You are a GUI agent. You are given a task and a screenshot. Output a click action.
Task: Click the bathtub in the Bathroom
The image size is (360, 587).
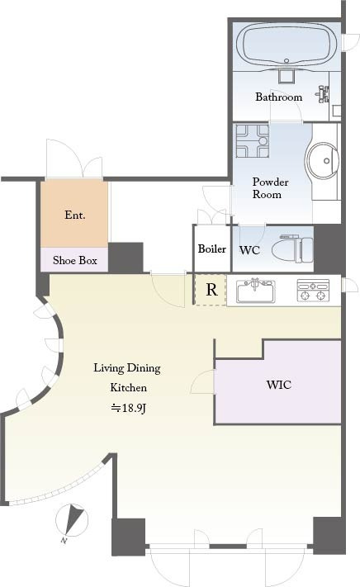pos(287,45)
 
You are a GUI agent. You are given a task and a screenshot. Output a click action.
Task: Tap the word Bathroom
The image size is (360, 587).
pos(279,97)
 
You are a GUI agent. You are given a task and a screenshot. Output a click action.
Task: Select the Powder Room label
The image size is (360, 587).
pos(270,188)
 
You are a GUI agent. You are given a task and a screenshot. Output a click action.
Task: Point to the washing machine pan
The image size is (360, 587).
pos(252,141)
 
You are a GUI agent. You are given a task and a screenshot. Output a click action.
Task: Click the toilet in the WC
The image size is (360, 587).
pos(292,249)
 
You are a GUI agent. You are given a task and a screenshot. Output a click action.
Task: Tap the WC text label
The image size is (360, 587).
pos(249,249)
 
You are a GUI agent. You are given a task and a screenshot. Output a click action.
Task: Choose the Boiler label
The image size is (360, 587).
pos(212,249)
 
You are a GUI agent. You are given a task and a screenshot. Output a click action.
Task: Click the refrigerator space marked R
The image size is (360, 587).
pos(211,290)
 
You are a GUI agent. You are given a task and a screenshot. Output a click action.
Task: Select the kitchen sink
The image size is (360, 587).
pos(256,291)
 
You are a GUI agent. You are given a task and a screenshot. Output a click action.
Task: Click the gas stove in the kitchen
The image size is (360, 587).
pos(313,290)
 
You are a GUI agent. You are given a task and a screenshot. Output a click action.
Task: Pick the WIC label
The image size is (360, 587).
pos(279,385)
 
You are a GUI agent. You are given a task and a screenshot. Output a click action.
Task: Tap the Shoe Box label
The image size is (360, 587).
pos(75,260)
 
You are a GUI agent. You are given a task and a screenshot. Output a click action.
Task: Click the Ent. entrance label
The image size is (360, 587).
pos(75,215)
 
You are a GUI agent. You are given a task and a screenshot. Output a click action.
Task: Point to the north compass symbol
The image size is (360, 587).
pos(72,522)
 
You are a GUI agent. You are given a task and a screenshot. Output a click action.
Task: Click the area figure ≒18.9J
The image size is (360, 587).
pos(128,408)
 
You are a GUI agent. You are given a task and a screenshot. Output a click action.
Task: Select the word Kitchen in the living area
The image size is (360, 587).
pos(128,387)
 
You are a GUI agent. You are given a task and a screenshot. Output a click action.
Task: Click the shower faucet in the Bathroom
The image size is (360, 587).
pos(323,93)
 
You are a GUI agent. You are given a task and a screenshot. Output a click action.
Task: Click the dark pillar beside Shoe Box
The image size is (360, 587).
pos(126,258)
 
